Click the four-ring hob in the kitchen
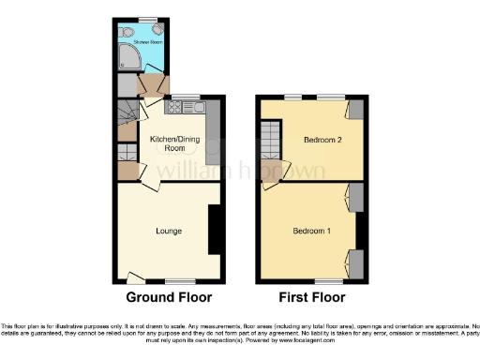pyautogui.click(x=173, y=107)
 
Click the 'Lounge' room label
pyautogui.click(x=169, y=230)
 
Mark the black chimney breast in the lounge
pyautogui.click(x=214, y=230)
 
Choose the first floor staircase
pyautogui.click(x=271, y=143)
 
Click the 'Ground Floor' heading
pyautogui.click(x=169, y=297)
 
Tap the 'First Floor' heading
pyautogui.click(x=313, y=297)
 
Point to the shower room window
pyautogui.click(x=145, y=19)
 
